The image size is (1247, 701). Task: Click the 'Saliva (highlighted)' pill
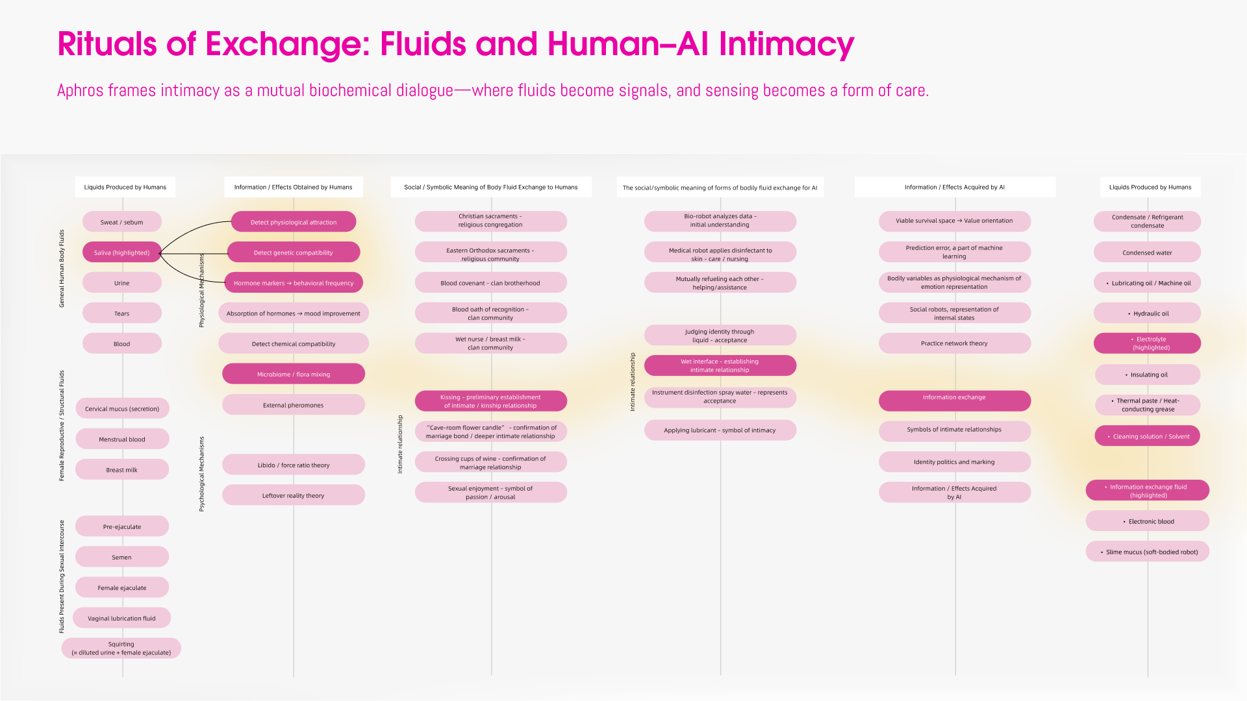click(122, 252)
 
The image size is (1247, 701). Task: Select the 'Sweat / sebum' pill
click(122, 222)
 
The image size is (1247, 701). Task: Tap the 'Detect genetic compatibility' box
click(293, 252)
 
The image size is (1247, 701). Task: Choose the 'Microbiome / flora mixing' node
click(293, 375)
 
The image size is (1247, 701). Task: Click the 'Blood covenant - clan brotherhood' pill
click(490, 283)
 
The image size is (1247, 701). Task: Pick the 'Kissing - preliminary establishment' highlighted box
click(490, 401)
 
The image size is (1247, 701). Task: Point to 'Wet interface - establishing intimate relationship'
click(720, 365)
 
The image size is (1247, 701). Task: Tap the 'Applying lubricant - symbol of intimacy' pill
click(720, 430)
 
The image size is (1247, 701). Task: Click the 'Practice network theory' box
click(954, 343)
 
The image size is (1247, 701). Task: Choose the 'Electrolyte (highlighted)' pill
click(1147, 343)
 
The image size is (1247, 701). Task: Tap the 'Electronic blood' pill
click(1147, 521)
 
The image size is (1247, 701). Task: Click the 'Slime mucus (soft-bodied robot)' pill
click(1147, 552)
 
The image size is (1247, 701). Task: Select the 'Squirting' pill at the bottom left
click(121, 648)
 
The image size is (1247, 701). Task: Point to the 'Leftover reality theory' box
click(293, 495)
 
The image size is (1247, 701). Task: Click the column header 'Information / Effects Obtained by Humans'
click(293, 187)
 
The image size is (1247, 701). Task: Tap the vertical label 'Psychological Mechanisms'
click(201, 474)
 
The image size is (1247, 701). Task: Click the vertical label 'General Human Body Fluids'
click(62, 268)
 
